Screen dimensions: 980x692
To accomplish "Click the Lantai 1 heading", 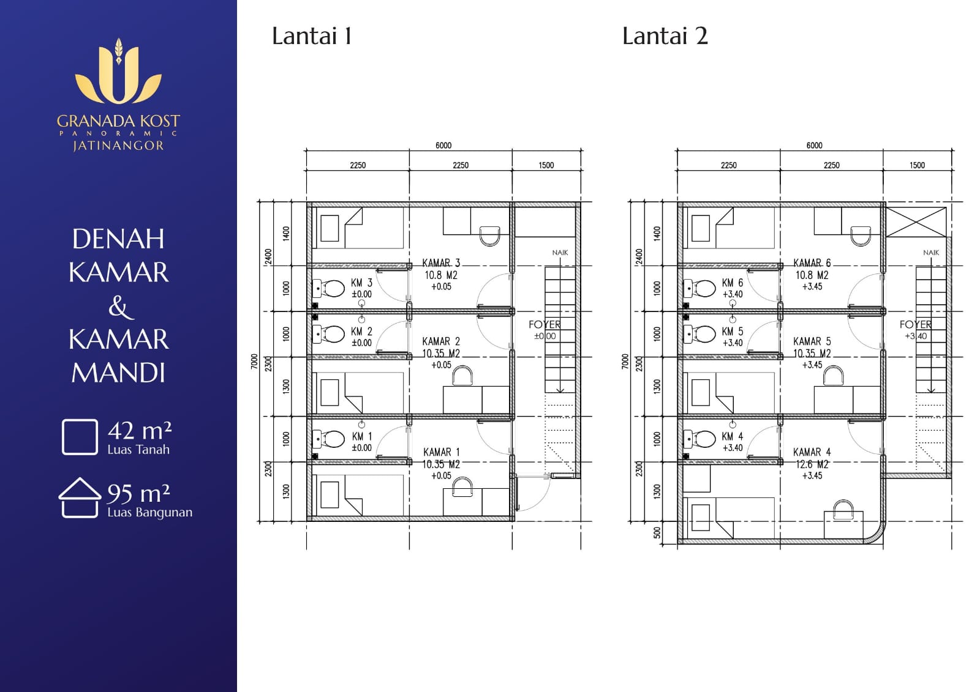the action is tap(312, 36).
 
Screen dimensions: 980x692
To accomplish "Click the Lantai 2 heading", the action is tap(665, 36).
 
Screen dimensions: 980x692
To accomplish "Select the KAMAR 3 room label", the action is tap(441, 262).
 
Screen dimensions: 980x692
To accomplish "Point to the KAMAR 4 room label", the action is tap(812, 452).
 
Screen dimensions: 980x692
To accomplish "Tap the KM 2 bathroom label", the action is tap(361, 332).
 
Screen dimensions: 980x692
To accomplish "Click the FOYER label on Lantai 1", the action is tap(545, 324).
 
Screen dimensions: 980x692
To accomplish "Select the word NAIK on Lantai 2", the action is tap(931, 253).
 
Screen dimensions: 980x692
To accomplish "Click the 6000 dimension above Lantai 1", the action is tap(443, 146).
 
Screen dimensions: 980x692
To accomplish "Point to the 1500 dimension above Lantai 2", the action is tap(917, 165).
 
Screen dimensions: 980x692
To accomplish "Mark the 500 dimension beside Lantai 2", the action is tap(657, 532).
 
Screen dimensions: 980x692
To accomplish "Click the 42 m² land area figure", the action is tap(140, 431).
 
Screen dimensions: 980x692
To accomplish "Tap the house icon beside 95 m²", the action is tap(80, 497).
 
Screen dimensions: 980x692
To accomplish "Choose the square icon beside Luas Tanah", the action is tap(80, 437).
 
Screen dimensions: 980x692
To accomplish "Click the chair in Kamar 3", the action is tap(489, 236).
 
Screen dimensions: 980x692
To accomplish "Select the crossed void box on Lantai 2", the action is tap(916, 222).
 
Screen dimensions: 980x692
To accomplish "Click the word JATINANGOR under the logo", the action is tap(118, 146).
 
